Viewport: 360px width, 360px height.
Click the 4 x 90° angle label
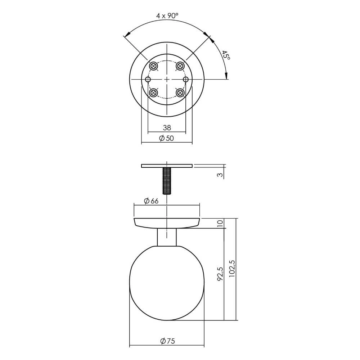point(167,15)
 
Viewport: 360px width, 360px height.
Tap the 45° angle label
point(226,55)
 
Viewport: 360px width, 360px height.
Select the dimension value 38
point(167,127)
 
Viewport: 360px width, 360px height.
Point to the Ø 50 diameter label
point(166,138)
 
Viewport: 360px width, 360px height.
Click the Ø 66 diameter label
point(151,201)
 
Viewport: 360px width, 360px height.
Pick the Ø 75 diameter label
point(167,341)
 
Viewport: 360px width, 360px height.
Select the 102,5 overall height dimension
point(232,268)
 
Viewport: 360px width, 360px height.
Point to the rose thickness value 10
point(220,223)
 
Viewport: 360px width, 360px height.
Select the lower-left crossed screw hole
point(154,93)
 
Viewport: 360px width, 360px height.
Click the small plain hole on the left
point(148,79)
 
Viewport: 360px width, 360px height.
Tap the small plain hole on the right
point(186,79)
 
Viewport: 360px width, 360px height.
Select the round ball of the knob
point(167,284)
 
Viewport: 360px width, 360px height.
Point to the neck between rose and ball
point(167,238)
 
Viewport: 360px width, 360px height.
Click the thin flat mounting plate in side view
point(167,166)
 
